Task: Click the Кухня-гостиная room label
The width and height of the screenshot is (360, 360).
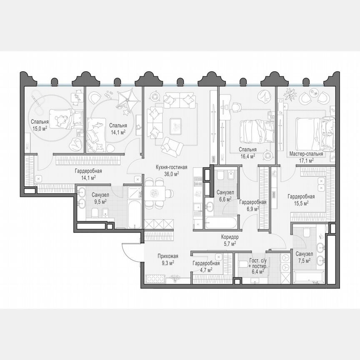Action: pos(171,167)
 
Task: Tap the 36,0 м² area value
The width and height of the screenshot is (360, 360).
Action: pos(171,174)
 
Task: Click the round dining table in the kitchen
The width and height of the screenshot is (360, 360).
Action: pos(157,193)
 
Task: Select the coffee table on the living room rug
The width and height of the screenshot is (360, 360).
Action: pos(175,124)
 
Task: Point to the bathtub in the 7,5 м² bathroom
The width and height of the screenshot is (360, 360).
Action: pos(309,277)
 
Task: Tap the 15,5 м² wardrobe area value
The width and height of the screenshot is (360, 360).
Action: pos(300,203)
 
